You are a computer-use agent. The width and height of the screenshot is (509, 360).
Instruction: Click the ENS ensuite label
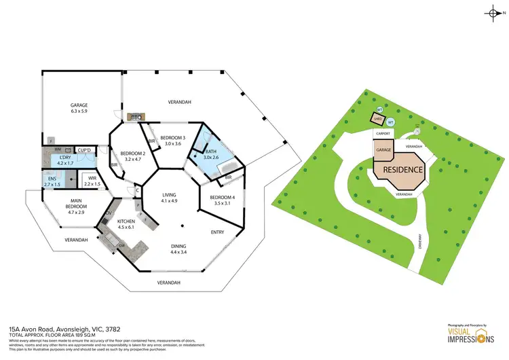pos(51,179)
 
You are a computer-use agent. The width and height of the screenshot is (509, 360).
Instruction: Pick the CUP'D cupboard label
pos(85,149)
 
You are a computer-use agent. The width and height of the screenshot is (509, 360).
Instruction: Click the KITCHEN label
pos(126,222)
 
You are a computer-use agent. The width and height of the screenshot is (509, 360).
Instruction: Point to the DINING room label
pos(179,246)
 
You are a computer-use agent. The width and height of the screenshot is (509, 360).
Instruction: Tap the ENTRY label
pos(217,232)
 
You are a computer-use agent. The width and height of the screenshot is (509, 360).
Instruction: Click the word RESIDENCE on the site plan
pos(403,170)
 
